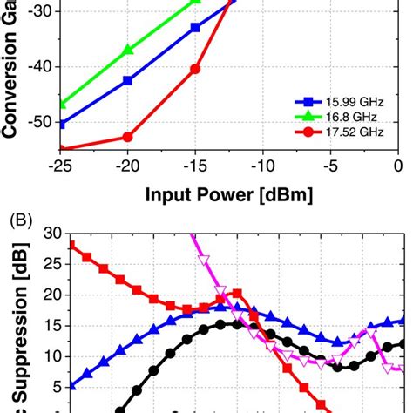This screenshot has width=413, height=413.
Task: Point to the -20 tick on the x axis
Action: coord(128,166)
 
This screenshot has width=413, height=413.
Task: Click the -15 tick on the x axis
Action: coord(195,166)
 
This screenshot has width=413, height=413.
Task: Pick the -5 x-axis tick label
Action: coord(332,166)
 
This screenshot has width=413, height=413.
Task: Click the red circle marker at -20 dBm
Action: coord(128,137)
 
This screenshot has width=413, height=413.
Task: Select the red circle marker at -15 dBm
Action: coord(195,69)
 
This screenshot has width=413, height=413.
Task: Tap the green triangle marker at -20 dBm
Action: coord(128,50)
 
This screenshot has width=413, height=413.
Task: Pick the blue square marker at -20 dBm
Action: coord(128,80)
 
